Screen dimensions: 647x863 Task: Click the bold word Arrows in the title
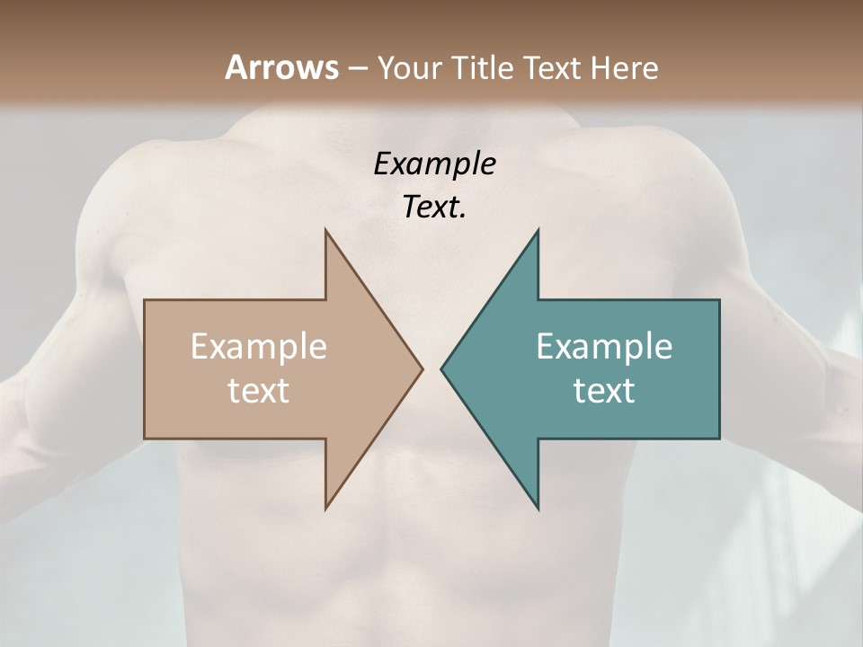pyautogui.click(x=281, y=67)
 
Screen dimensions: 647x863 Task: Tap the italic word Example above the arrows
pyautogui.click(x=434, y=164)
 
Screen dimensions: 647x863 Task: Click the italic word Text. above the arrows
pyautogui.click(x=434, y=208)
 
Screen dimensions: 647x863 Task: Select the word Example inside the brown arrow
pyautogui.click(x=258, y=346)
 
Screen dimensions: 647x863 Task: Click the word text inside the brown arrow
pyautogui.click(x=258, y=390)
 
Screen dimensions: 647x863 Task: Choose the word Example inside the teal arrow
pyautogui.click(x=604, y=346)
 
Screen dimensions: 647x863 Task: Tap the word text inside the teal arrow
pyautogui.click(x=604, y=390)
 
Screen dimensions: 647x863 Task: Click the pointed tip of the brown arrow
pyautogui.click(x=423, y=368)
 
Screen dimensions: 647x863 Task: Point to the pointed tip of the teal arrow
pyautogui.click(x=441, y=368)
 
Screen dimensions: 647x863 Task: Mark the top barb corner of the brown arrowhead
pyautogui.click(x=325, y=230)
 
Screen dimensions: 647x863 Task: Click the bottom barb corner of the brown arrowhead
pyautogui.click(x=325, y=509)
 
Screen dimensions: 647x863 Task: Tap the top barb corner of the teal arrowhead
pyautogui.click(x=538, y=230)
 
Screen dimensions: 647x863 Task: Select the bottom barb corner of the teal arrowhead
pyautogui.click(x=538, y=509)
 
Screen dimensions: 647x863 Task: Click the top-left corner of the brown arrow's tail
pyautogui.click(x=145, y=300)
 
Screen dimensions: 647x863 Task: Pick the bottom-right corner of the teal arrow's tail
pyautogui.click(x=719, y=439)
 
